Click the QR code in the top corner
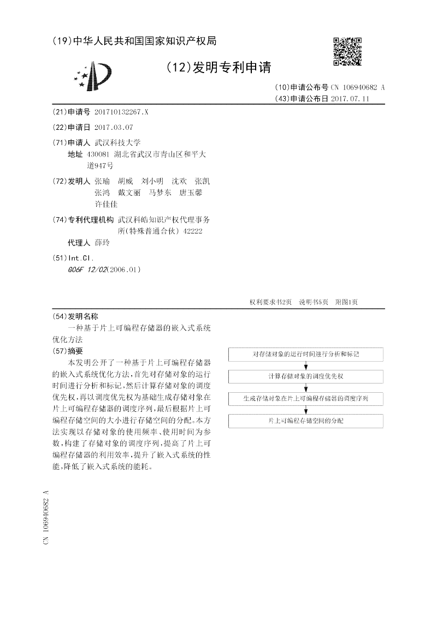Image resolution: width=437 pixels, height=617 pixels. (347, 51)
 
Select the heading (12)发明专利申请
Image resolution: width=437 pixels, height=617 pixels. (218, 68)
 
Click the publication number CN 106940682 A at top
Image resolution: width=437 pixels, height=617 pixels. (357, 87)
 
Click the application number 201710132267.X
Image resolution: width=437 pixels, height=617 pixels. (121, 112)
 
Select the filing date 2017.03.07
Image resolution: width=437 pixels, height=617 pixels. (114, 127)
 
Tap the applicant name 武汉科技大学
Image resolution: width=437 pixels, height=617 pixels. (117, 142)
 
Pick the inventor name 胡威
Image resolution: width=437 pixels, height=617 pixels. (125, 181)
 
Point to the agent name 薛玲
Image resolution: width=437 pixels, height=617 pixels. (102, 243)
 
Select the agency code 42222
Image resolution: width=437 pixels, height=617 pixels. (193, 231)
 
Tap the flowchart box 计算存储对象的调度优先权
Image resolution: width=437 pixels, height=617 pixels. (306, 376)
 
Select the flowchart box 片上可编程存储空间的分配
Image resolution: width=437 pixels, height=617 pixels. (306, 421)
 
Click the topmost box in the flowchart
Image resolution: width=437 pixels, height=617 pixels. (306, 354)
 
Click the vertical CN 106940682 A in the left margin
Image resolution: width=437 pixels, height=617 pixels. (46, 516)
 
